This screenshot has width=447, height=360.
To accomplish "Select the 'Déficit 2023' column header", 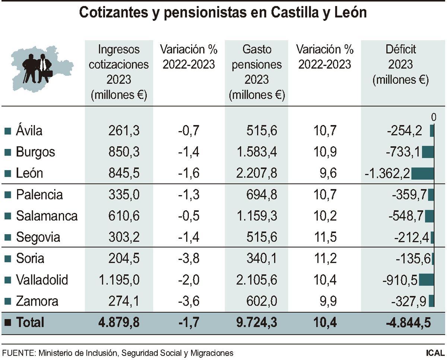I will pyautogui.click(x=400, y=64).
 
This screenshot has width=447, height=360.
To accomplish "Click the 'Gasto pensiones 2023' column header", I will pyautogui.click(x=257, y=72).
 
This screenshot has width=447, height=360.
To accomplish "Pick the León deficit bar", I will pyautogui.click(x=423, y=173).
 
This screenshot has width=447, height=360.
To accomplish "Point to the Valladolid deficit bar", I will pyautogui.click(x=427, y=280).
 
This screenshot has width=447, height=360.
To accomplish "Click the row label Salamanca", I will pyautogui.click(x=47, y=216).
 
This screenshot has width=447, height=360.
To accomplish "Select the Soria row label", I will pyautogui.click(x=30, y=258).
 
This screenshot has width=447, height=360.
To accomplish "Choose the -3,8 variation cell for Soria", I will pyautogui.click(x=189, y=258).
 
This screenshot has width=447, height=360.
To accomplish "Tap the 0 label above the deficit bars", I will pyautogui.click(x=433, y=118).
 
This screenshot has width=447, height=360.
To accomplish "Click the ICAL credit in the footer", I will pyautogui.click(x=435, y=353).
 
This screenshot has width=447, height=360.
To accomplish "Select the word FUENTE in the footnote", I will pyautogui.click(x=17, y=353).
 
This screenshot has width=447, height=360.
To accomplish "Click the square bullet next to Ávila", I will pyautogui.click(x=7, y=131).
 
